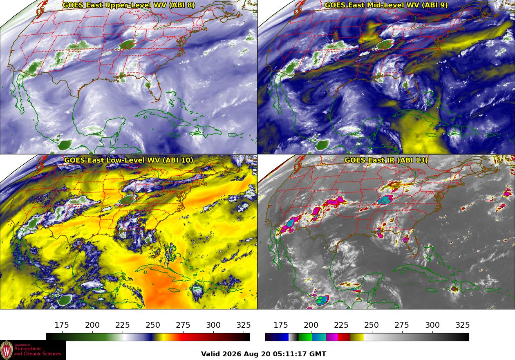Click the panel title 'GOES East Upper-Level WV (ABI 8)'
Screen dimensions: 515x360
click(129, 5)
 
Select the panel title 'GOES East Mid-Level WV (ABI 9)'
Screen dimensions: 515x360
click(386, 5)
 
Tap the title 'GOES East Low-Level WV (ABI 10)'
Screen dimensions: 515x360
click(129, 160)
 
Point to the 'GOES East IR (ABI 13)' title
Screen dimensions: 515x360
click(386, 160)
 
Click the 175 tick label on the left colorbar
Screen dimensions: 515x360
click(62, 325)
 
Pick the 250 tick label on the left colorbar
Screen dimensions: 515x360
click(153, 325)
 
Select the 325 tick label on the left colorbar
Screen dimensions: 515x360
click(244, 325)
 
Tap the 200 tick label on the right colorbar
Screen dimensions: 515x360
click(311, 325)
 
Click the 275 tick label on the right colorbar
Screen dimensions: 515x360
click(402, 325)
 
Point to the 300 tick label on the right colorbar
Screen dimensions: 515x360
click(432, 325)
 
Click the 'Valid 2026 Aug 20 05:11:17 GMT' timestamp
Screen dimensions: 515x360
click(264, 354)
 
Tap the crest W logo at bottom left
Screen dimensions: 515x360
click(7, 350)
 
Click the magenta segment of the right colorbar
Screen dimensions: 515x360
click(332, 337)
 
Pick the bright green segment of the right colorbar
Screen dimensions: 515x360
click(305, 337)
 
